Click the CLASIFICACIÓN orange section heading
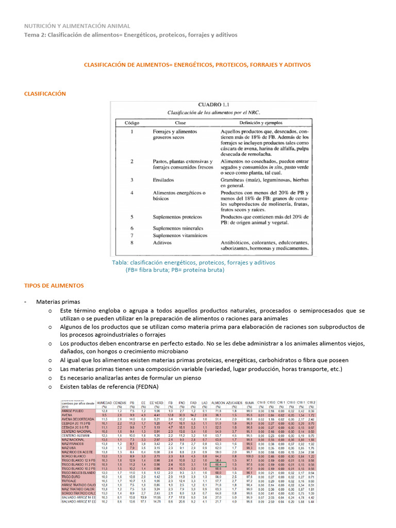(45, 93)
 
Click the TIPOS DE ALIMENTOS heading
(54, 285)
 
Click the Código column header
(131, 123)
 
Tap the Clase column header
(180, 123)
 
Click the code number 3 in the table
(132, 179)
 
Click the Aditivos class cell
(164, 242)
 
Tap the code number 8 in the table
(132, 242)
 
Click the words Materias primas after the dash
(58, 302)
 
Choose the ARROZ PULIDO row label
(73, 410)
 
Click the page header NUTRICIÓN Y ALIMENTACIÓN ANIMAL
(77, 26)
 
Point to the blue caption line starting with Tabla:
(193, 262)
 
